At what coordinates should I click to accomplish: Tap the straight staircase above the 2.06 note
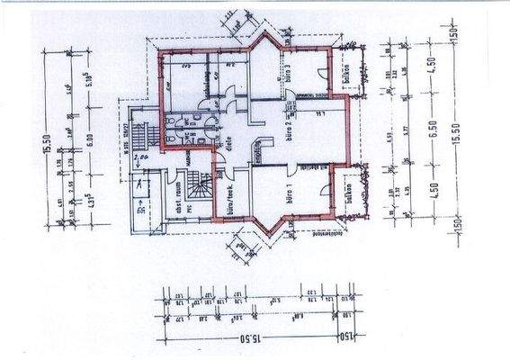[138, 134]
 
